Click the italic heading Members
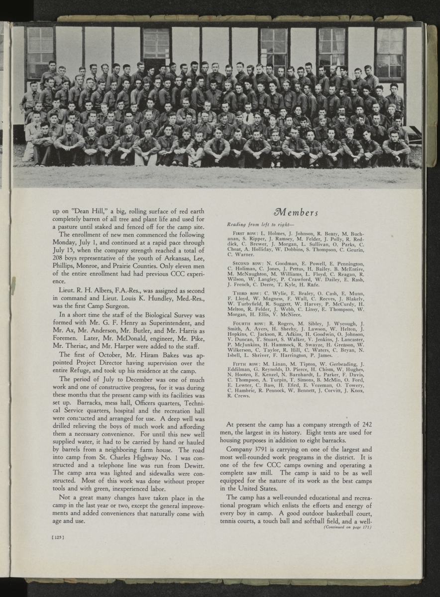pyautogui.click(x=297, y=213)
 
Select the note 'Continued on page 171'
pyautogui.click(x=348, y=526)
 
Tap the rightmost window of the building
pyautogui.click(x=390, y=52)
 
